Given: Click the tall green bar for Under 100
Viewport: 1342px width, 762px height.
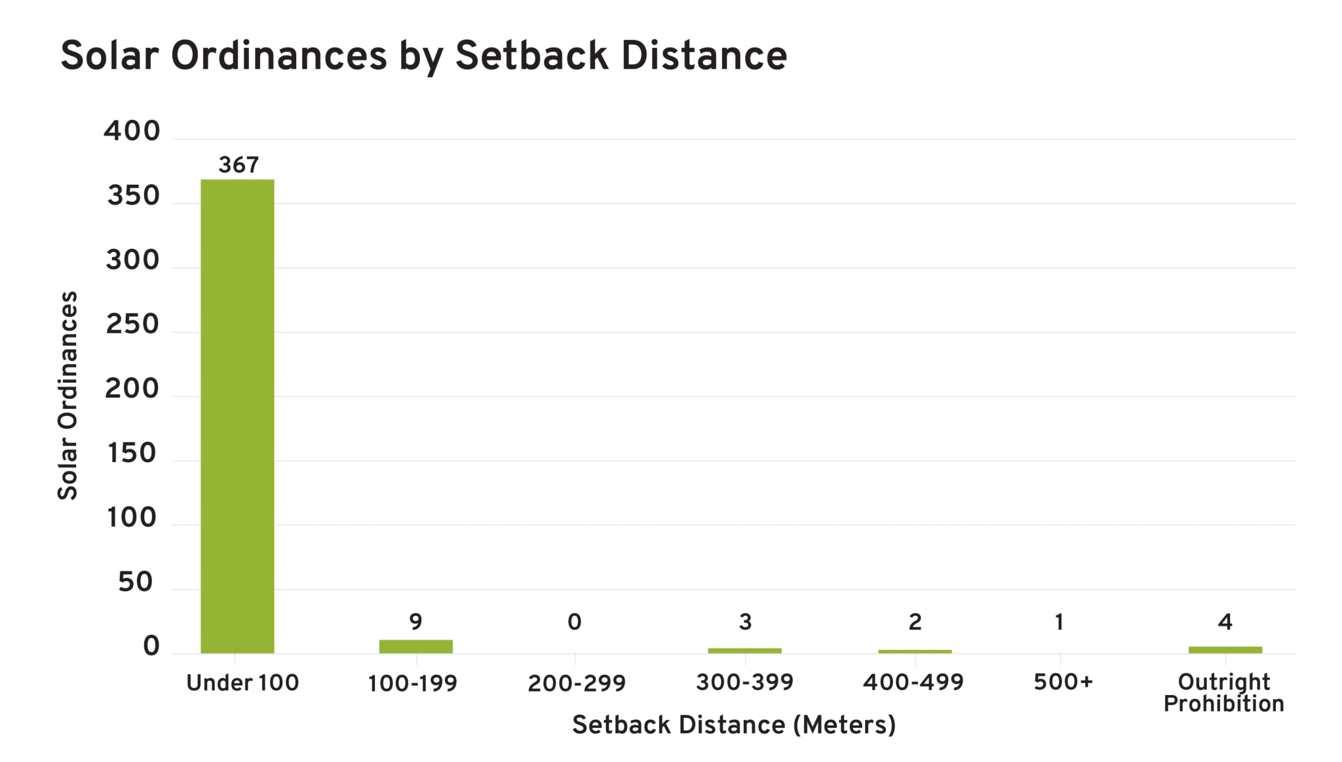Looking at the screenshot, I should pos(237,416).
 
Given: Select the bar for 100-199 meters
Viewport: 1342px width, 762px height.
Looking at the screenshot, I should pos(415,646).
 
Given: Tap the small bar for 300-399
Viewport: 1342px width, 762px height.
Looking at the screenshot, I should pos(744,650).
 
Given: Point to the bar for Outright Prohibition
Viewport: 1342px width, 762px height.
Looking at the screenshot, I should pos(1225,649).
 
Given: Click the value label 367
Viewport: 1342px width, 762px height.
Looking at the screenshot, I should pos(239,165).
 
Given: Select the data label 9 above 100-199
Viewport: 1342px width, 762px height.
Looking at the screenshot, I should pos(415,621).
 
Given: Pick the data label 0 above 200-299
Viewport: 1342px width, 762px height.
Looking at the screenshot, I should pos(575,621).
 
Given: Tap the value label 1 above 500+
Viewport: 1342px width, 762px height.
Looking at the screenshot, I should pos(1059,621).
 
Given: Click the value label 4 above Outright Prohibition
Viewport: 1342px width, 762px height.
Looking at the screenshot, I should pos(1225,621).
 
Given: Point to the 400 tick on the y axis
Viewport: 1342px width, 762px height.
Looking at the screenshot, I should pos(132,131).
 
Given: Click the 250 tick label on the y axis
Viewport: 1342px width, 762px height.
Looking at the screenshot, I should pos(132,324).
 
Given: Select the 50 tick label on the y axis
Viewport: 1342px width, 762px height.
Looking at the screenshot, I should pos(136,582).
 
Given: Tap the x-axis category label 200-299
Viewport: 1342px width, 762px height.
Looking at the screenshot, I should pos(577,683).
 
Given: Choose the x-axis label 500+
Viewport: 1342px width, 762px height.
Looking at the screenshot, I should pos(1063,682).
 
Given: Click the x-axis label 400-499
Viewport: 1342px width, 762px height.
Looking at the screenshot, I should pos(913,682).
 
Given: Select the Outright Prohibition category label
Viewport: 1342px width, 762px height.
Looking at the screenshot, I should pos(1223,693).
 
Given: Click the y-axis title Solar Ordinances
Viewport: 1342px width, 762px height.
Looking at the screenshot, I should pos(67,395).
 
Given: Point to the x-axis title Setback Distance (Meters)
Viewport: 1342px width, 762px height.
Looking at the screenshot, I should pos(733,725).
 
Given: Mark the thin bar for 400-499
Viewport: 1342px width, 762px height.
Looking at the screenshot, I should pos(915,651).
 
